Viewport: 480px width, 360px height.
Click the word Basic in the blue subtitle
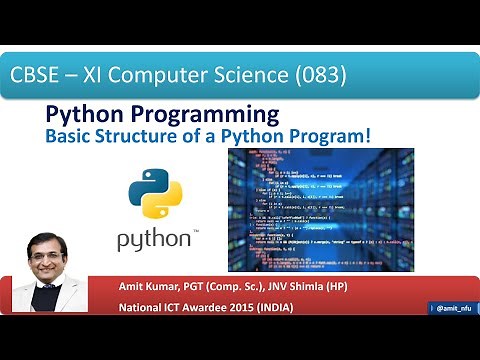click(71, 134)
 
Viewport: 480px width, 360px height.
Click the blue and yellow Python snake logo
click(154, 194)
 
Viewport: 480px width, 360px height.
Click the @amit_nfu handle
click(453, 308)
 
